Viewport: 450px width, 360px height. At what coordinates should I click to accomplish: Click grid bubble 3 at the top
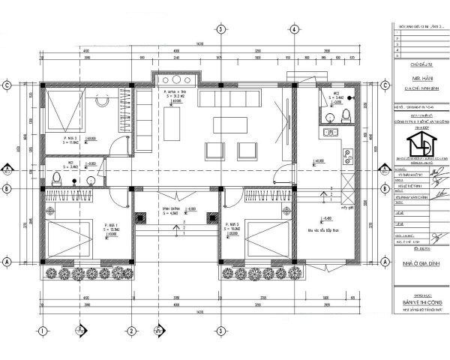(x=220, y=29)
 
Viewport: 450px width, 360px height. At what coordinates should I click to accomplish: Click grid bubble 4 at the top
(x=295, y=29)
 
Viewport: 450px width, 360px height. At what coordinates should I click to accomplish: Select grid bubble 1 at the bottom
(x=43, y=330)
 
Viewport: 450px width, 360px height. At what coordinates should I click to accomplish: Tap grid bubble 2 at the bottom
(x=130, y=330)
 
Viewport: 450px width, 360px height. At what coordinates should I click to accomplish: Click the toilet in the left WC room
(x=57, y=177)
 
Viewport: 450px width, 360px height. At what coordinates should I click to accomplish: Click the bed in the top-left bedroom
(x=61, y=112)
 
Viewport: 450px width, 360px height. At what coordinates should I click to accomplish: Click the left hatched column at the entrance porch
(x=139, y=219)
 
